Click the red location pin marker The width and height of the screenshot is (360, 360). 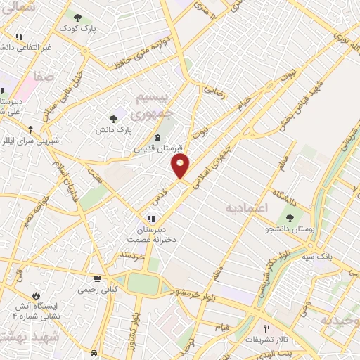point(181,167)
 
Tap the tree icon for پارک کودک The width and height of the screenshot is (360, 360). point(77,17)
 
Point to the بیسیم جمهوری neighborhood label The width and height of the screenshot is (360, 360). point(151,103)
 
